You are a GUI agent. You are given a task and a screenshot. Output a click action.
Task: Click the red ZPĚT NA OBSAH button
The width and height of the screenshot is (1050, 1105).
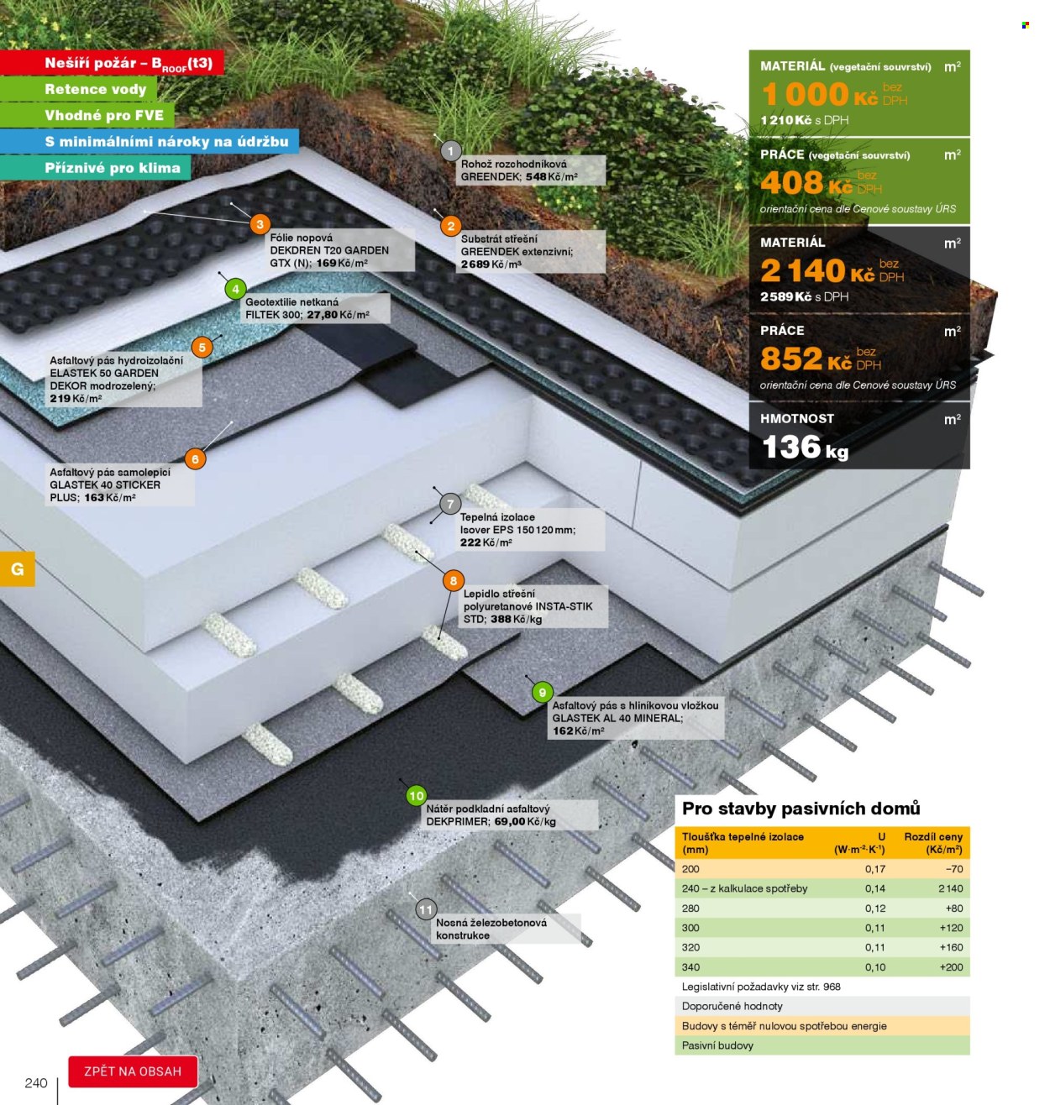coord(133,1071)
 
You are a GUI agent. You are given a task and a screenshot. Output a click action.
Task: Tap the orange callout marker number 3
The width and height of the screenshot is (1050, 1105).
coord(260,225)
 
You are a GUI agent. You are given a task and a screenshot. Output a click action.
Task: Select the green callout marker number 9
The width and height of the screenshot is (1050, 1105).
coord(542,693)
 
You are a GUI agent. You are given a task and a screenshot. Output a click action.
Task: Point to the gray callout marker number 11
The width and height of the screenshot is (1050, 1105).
coord(426,909)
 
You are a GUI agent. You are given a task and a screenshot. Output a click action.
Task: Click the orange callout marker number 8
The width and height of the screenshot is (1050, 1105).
coord(454,580)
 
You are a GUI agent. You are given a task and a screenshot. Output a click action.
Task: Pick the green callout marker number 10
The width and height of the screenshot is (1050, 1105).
coord(416,796)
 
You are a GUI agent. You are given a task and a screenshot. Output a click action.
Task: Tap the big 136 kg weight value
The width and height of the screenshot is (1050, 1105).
coord(805,448)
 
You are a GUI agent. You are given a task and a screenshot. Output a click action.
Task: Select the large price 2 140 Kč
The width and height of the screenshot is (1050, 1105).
coord(817,271)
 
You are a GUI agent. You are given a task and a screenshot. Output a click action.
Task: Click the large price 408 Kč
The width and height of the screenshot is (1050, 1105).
coord(806,183)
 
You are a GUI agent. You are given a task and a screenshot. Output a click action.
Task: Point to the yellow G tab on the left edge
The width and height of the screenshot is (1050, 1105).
coord(17,569)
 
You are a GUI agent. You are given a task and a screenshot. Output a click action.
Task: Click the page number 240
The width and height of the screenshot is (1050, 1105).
coord(36,1083)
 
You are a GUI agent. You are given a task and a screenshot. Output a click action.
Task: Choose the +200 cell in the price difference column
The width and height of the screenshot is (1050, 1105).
coord(951,966)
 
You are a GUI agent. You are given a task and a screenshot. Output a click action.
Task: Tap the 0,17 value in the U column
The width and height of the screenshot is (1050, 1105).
coord(875,869)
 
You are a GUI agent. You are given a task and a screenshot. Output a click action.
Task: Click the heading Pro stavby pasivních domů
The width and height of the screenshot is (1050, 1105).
coord(801,809)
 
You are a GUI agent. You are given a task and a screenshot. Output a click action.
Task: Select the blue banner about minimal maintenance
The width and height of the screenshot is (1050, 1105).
coord(149,141)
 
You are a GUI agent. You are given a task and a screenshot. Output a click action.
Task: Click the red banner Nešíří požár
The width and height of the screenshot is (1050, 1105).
coord(112,62)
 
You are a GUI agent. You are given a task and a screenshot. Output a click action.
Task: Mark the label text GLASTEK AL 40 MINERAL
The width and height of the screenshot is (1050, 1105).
coord(617,718)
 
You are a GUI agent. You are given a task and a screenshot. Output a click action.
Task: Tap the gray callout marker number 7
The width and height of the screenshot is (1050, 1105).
coord(450,504)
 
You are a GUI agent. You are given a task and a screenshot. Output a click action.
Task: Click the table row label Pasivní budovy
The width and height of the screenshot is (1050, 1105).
coord(717,1045)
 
